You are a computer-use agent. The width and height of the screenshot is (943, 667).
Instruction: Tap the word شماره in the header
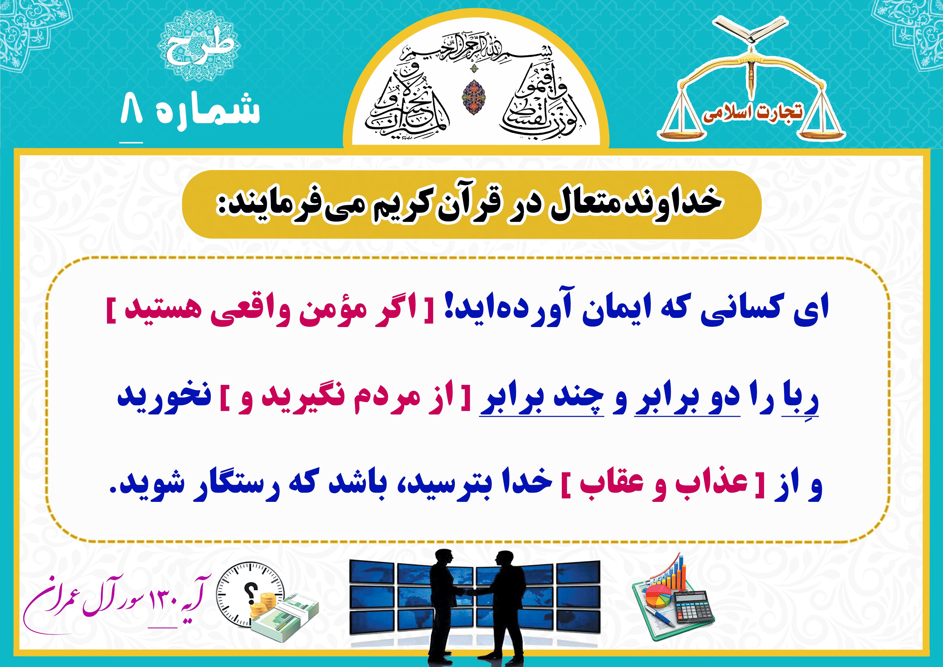pos(208,110)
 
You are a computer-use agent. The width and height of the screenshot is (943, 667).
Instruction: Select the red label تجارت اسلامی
pos(752,112)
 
